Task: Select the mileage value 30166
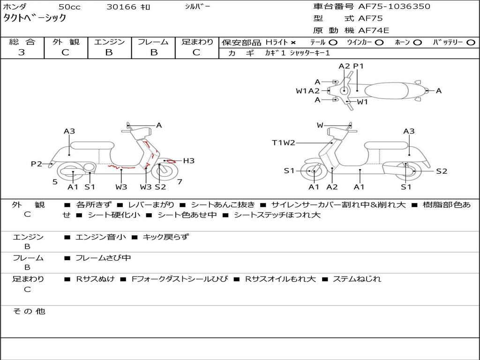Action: pyautogui.click(x=121, y=7)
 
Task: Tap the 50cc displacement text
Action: pyautogui.click(x=69, y=7)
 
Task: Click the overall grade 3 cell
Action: pyautogui.click(x=22, y=52)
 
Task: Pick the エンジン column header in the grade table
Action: pyautogui.click(x=109, y=42)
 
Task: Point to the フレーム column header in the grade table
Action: pyautogui.click(x=153, y=42)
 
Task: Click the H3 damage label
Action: pyautogui.click(x=188, y=161)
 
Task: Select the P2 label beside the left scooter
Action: pyautogui.click(x=36, y=164)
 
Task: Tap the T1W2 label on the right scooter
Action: pyautogui.click(x=284, y=143)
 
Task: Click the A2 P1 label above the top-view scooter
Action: pyautogui.click(x=351, y=66)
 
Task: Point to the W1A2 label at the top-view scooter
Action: pyautogui.click(x=307, y=91)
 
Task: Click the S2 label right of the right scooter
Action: pyautogui.click(x=442, y=171)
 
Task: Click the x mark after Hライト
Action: pyautogui.click(x=293, y=43)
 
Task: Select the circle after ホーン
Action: pyautogui.click(x=418, y=43)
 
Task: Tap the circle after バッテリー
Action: pyautogui.click(x=471, y=43)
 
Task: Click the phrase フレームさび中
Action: pyautogui.click(x=103, y=258)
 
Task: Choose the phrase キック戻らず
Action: pyautogui.click(x=165, y=237)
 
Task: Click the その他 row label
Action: pyautogui.click(x=29, y=311)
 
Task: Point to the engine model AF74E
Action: pyautogui.click(x=374, y=31)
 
